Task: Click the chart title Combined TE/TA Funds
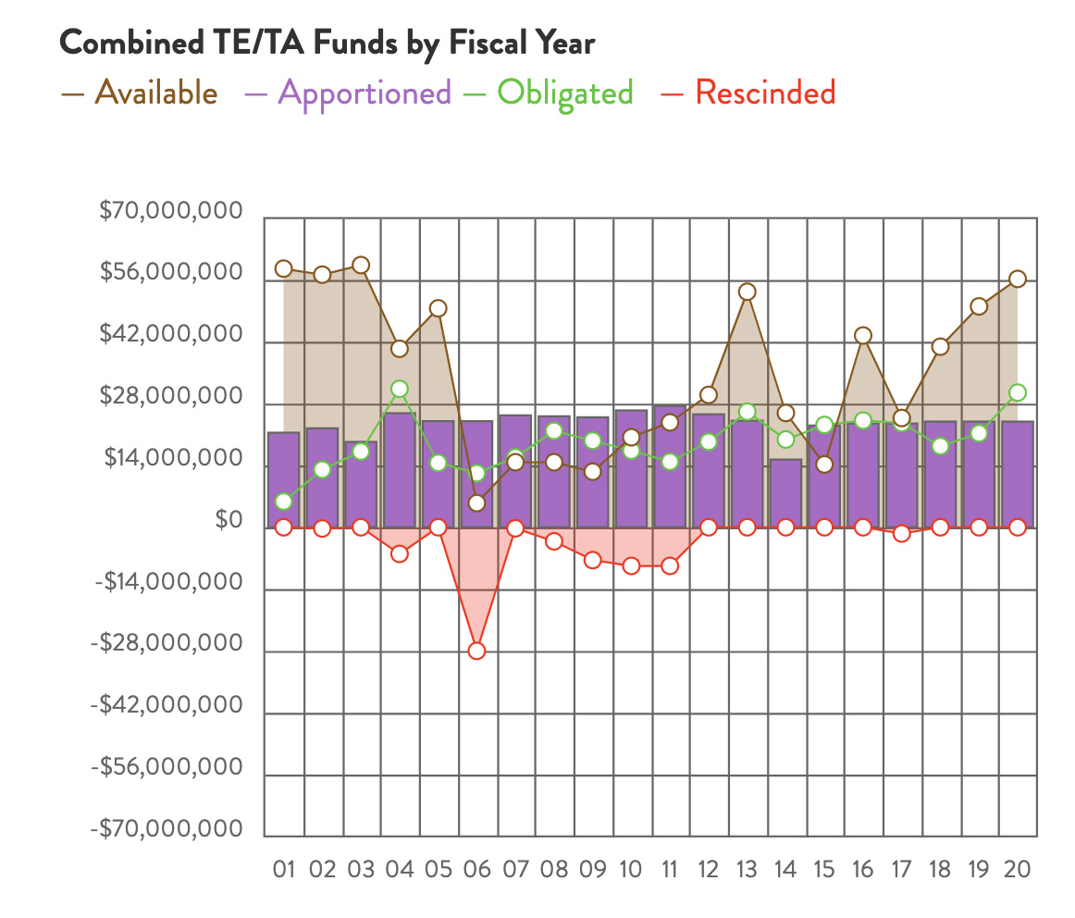point(327,43)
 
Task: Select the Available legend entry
point(155,93)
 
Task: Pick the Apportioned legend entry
point(364,93)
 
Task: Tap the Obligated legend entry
point(564,93)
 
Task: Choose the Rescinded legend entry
point(764,93)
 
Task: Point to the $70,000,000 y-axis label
point(171,213)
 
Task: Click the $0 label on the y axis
point(229,521)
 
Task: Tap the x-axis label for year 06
point(476,870)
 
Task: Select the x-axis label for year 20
point(1017,870)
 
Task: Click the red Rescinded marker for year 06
point(476,651)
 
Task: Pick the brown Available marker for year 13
point(747,292)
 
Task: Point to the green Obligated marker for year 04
point(400,390)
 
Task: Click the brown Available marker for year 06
point(476,503)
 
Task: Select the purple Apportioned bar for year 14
point(785,493)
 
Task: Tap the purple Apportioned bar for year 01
point(284,479)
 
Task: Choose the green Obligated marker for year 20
point(1017,392)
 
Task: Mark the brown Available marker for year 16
point(862,335)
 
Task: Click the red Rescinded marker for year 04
point(400,553)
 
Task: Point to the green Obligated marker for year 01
point(284,502)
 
